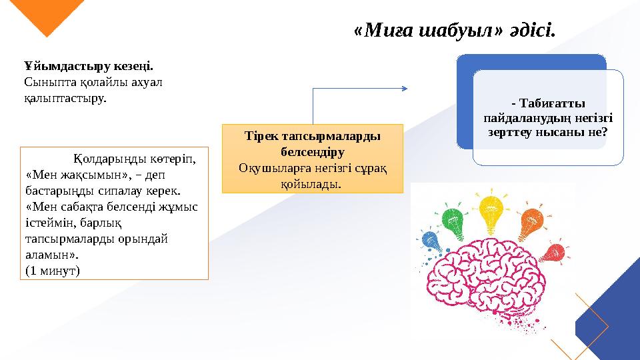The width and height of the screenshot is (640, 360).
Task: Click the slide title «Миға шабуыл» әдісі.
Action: pyautogui.click(x=455, y=30)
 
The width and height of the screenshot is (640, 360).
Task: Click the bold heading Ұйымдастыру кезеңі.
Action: pyautogui.click(x=89, y=67)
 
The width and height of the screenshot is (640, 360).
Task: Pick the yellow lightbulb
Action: pyautogui.click(x=491, y=208)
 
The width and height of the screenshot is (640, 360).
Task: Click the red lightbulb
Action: pyautogui.click(x=552, y=254)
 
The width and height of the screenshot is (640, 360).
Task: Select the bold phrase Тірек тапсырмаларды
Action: pyautogui.click(x=313, y=136)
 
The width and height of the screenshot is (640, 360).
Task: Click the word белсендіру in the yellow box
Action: pyautogui.click(x=313, y=151)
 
